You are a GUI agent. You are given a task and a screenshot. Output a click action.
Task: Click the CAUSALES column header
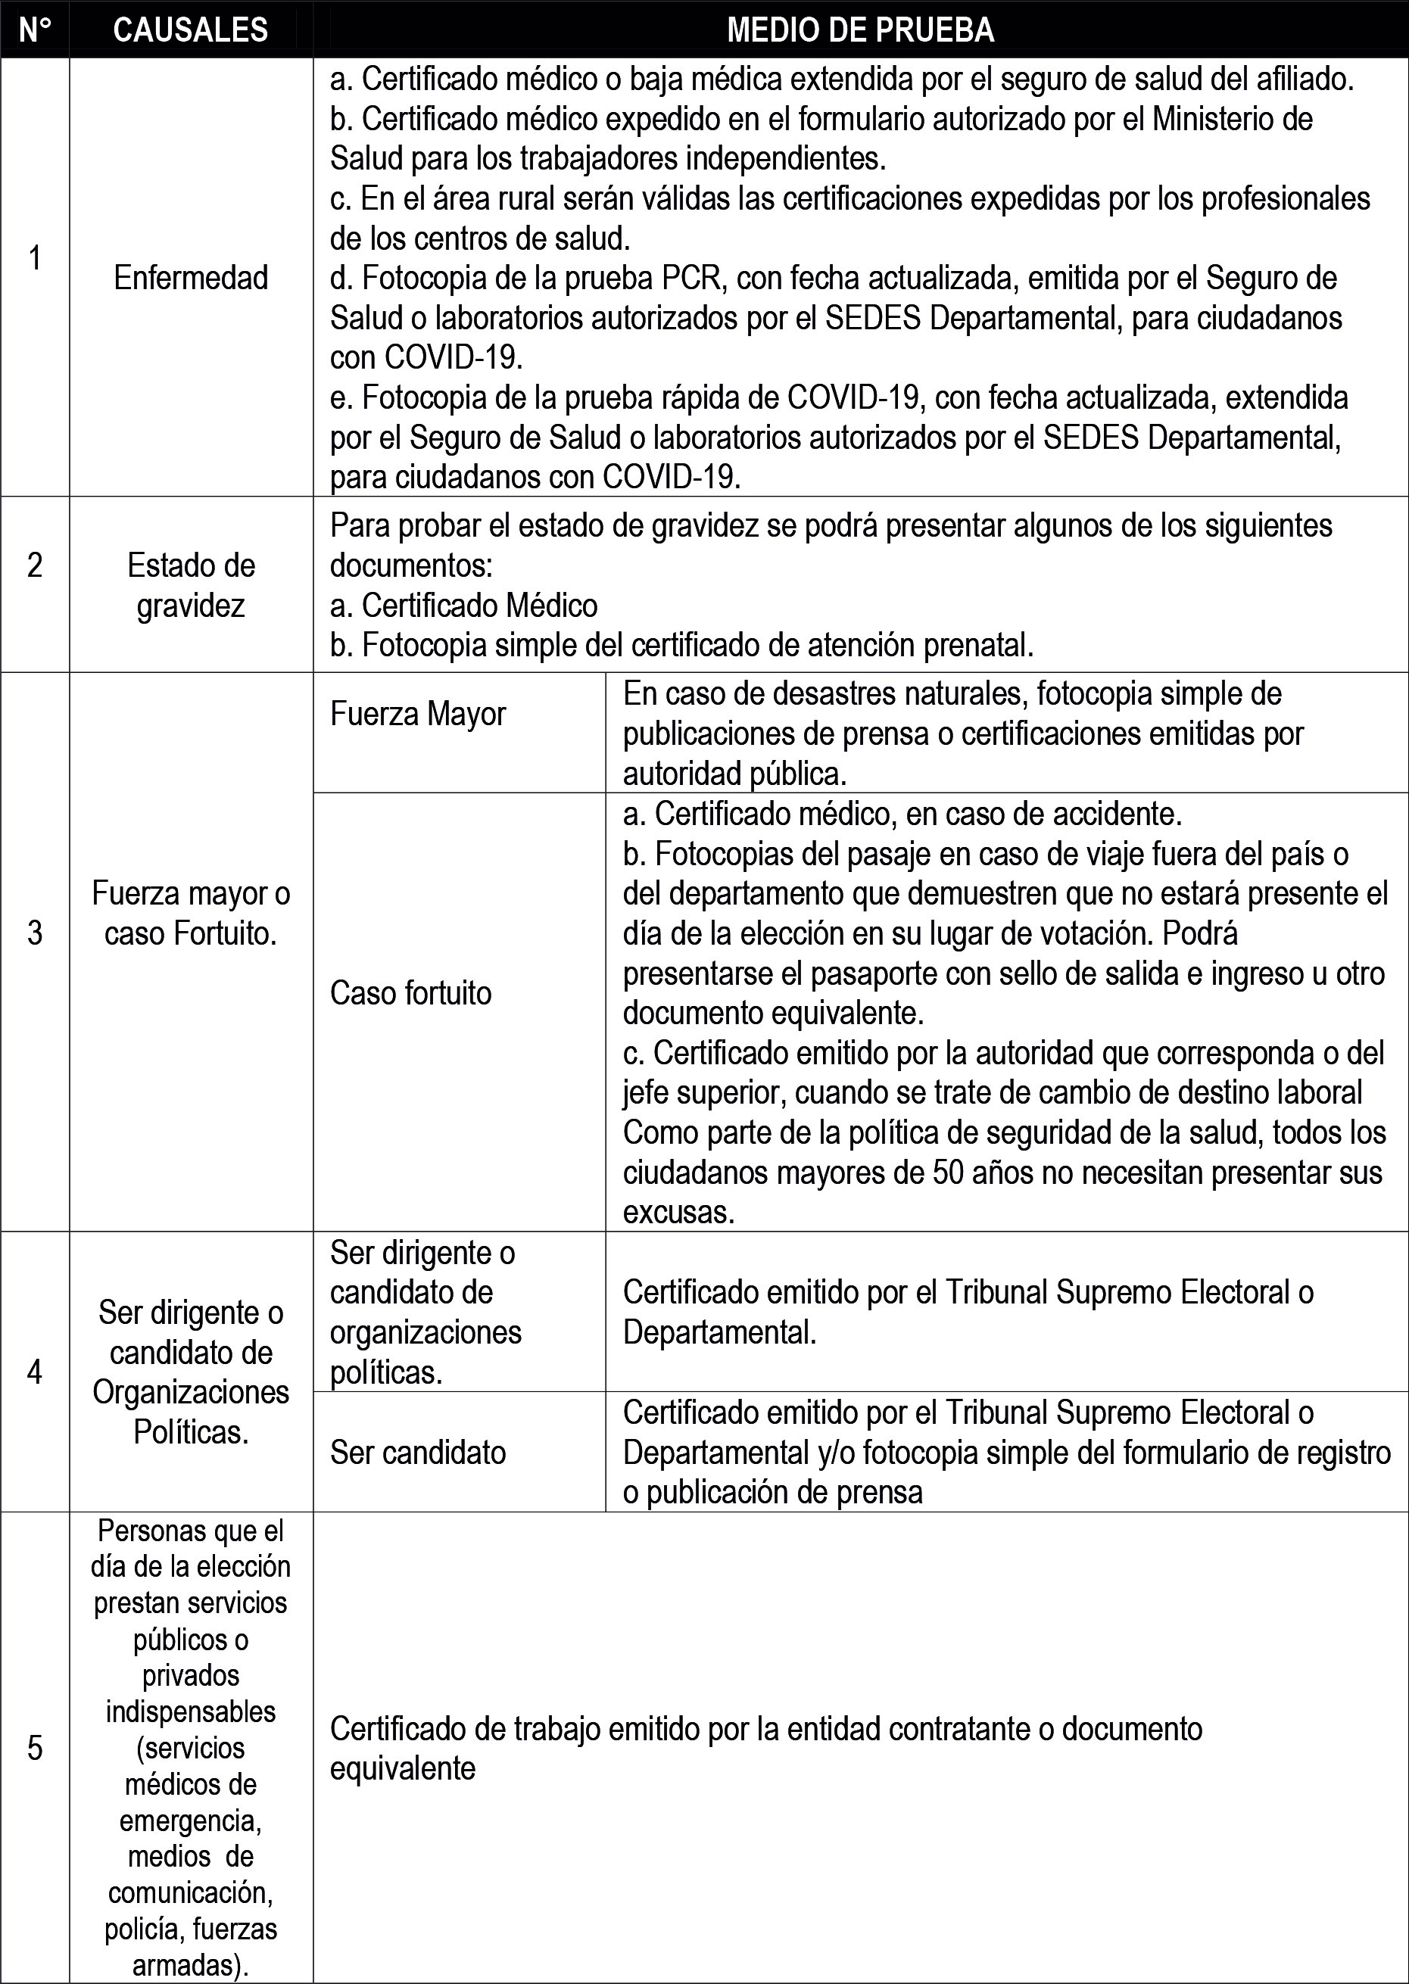coord(190,30)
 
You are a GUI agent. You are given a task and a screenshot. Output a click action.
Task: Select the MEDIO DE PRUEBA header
coord(860,30)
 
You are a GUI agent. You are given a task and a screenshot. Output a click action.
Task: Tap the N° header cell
coord(35,30)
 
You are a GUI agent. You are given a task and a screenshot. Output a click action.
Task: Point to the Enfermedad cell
coord(191,278)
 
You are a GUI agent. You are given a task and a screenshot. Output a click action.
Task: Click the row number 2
coord(35,565)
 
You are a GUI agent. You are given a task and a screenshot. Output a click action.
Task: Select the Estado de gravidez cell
coord(191,586)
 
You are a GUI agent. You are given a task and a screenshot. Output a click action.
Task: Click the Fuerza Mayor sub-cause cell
coord(417,714)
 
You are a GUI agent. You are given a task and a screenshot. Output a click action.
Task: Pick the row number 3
coord(35,933)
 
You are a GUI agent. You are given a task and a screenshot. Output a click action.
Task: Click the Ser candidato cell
coord(417,1452)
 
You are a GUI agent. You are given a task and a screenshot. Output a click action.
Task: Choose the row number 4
coord(35,1372)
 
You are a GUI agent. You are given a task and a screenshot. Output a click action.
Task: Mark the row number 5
coord(35,1748)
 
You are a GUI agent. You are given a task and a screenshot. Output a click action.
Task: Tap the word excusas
coord(678,1213)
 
